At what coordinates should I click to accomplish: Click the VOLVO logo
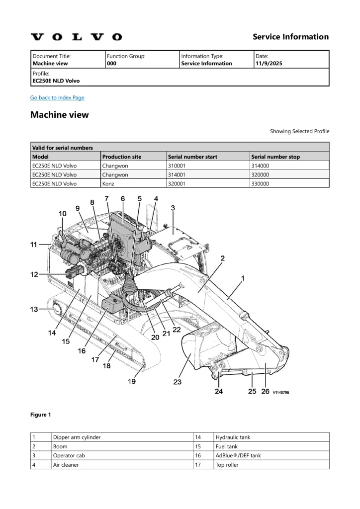(76, 37)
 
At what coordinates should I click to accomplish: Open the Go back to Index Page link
(57, 98)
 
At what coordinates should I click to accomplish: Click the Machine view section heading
(59, 115)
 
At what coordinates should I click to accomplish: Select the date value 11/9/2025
(269, 63)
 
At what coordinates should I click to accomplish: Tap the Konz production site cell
(108, 184)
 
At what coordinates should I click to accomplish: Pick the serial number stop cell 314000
(260, 166)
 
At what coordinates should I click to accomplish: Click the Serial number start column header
(192, 157)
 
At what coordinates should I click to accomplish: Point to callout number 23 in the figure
(177, 382)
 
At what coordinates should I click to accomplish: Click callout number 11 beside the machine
(34, 245)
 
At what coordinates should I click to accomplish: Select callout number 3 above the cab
(173, 208)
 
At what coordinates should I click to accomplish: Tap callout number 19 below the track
(131, 381)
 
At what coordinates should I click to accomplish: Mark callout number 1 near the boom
(243, 278)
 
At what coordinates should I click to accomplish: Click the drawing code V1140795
(281, 393)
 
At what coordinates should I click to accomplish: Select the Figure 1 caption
(41, 415)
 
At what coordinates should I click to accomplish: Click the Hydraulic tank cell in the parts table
(233, 437)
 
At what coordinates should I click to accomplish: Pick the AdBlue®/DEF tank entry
(238, 455)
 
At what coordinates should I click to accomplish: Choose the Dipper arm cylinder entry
(77, 437)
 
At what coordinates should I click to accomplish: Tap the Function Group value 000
(112, 63)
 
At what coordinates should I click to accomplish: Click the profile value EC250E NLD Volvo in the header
(56, 81)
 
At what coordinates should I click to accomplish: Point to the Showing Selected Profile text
(300, 131)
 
